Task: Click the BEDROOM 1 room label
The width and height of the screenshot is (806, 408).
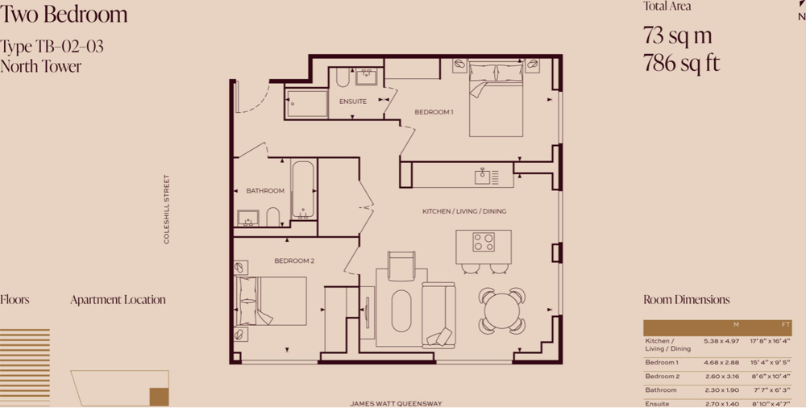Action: [434, 112]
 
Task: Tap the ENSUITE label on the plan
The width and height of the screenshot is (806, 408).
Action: [353, 102]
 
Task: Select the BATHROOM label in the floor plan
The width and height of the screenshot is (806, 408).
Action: [265, 191]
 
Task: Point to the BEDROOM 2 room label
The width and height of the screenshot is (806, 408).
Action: [294, 261]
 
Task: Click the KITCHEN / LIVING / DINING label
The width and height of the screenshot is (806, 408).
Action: [464, 211]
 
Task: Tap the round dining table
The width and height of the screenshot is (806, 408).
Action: [502, 310]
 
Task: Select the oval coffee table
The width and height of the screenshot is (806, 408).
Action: [401, 310]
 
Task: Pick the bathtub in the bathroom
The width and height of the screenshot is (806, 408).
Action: [303, 189]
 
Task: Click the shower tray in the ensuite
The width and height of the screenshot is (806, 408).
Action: [306, 103]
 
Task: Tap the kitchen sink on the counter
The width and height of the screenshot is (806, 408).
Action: [483, 176]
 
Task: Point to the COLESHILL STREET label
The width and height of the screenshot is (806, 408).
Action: [166, 209]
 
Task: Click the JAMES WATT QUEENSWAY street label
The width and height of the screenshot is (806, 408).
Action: [396, 404]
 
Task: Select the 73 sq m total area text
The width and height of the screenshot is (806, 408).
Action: [678, 35]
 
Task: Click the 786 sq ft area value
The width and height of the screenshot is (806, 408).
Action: [682, 63]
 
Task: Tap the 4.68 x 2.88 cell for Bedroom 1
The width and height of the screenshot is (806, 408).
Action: [721, 363]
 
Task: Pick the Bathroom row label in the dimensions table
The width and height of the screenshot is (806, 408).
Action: [661, 390]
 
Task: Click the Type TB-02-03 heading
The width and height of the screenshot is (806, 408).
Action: [52, 47]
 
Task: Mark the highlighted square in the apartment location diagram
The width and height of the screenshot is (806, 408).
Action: [159, 397]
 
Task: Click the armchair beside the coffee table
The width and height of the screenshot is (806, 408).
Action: [401, 266]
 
